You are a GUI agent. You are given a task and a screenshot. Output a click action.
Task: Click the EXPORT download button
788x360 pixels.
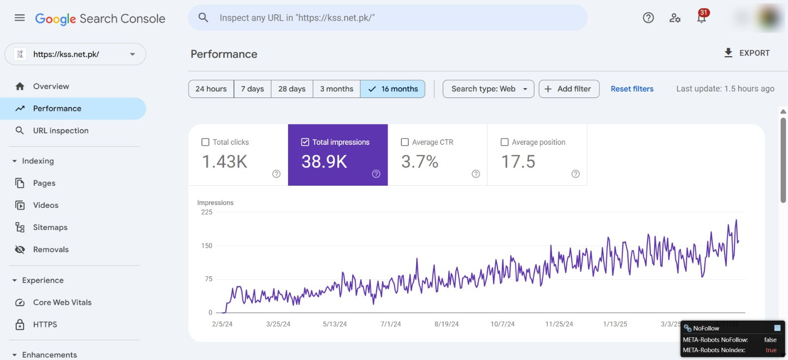pyautogui.click(x=747, y=53)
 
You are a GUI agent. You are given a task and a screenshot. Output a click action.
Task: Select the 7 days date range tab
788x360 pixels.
pyautogui.click(x=252, y=89)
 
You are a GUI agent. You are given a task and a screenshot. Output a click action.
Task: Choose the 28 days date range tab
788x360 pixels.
pyautogui.click(x=292, y=89)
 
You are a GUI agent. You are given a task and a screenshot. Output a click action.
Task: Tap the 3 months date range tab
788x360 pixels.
pyautogui.click(x=336, y=89)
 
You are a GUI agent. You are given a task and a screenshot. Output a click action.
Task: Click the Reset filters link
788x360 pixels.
pyautogui.click(x=632, y=89)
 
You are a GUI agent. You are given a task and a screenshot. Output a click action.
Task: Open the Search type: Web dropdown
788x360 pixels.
pyautogui.click(x=488, y=89)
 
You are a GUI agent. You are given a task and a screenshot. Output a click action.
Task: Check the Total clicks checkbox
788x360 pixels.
pyautogui.click(x=205, y=142)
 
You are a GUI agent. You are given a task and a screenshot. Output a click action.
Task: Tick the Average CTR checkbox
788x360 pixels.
pyautogui.click(x=404, y=142)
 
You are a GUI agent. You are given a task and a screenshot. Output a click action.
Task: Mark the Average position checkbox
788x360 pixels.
pyautogui.click(x=504, y=142)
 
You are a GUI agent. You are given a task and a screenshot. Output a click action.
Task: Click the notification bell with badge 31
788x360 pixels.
pyautogui.click(x=701, y=17)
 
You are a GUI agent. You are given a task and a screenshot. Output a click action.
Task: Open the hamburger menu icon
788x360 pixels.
pyautogui.click(x=20, y=18)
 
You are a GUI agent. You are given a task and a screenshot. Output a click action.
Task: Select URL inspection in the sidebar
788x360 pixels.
pyautogui.click(x=61, y=131)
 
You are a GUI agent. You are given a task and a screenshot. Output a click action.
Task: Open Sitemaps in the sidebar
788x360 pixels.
pyautogui.click(x=50, y=228)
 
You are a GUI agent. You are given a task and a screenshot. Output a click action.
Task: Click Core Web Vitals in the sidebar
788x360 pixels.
pyautogui.click(x=62, y=302)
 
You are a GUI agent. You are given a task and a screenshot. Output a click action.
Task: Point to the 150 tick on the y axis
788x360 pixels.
pyautogui.click(x=207, y=246)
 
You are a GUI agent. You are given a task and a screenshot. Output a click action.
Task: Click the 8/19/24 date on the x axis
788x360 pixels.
pyautogui.click(x=446, y=324)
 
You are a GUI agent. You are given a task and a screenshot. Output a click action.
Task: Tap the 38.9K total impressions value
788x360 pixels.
pyautogui.click(x=324, y=162)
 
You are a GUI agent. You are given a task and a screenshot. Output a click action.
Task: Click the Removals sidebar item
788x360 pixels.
pyautogui.click(x=51, y=250)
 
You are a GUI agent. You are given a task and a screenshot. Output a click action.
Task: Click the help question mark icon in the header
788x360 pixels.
pyautogui.click(x=648, y=18)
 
